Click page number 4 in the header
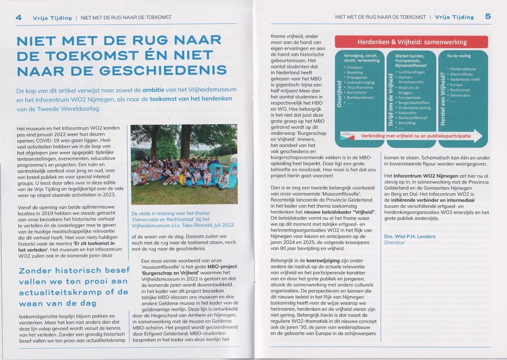pyautogui.click(x=19, y=17)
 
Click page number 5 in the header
pyautogui.click(x=488, y=16)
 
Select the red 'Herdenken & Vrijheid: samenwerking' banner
pyautogui.click(x=411, y=42)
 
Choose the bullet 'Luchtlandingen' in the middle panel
pyautogui.click(x=411, y=72)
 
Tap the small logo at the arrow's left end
pyautogui.click(x=347, y=136)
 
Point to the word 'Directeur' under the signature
pyautogui.click(x=395, y=243)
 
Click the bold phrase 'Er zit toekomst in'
pyautogui.click(x=93, y=244)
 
